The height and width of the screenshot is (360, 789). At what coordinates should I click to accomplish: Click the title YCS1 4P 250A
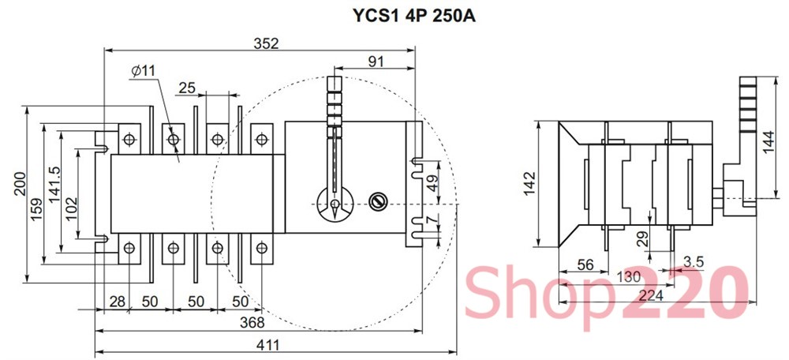[413, 16]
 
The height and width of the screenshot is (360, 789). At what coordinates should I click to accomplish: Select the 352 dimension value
[266, 43]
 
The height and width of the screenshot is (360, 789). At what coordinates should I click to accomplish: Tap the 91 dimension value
[376, 62]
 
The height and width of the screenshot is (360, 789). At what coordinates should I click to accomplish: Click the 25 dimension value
[187, 88]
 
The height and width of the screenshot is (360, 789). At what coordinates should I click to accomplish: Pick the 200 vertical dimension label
[20, 184]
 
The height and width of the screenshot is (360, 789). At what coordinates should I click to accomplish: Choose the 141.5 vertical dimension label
[54, 185]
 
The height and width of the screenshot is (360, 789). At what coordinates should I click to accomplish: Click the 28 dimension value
[118, 302]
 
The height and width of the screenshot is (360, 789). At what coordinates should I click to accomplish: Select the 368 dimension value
[252, 322]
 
